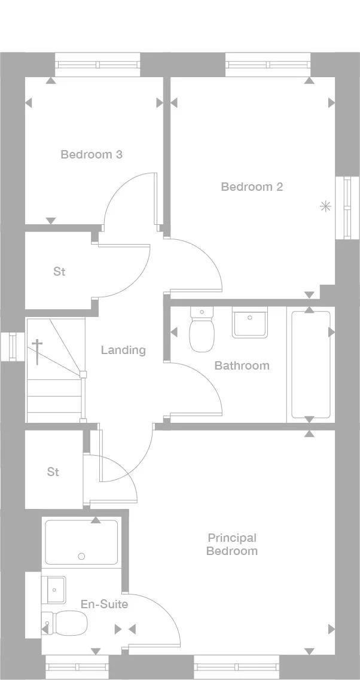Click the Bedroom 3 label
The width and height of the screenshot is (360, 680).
[91, 154]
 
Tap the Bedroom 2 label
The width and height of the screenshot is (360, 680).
[252, 187]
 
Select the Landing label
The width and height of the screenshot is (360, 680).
[123, 350]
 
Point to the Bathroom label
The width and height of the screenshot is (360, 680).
[242, 365]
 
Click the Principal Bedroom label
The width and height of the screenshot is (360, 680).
[232, 544]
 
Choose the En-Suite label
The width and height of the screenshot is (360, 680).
[104, 604]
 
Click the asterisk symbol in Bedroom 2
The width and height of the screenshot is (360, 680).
[325, 207]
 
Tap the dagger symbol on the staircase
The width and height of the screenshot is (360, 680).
[37, 352]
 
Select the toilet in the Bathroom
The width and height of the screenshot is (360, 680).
[202, 332]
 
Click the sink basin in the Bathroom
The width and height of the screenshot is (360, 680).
[250, 323]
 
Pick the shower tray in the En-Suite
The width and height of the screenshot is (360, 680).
[82, 542]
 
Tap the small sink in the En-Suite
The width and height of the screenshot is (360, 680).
[54, 588]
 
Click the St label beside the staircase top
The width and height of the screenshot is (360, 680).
[59, 272]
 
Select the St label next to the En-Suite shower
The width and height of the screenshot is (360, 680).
[53, 472]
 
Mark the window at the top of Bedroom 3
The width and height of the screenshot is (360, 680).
[97, 64]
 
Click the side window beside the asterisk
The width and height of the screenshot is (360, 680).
[347, 208]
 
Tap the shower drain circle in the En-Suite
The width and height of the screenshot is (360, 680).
[81, 556]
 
